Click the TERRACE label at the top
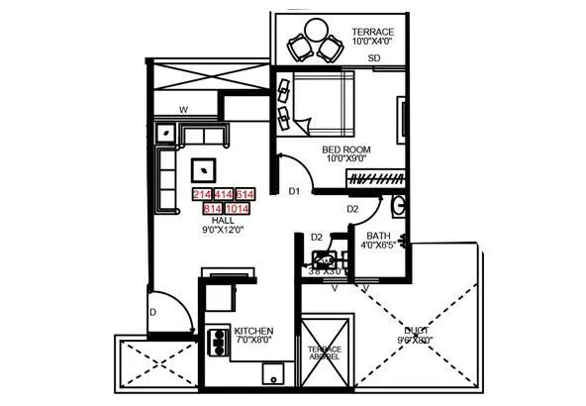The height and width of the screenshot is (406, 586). (372, 32)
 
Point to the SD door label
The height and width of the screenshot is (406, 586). (375, 59)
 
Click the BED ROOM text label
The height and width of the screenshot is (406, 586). (346, 149)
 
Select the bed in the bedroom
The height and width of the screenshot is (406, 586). (323, 105)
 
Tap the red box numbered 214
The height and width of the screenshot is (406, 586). (203, 194)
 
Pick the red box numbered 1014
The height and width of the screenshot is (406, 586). (238, 209)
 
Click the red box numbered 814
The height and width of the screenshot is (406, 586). (212, 209)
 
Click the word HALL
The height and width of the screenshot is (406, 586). (210, 220)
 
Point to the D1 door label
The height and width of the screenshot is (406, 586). (294, 190)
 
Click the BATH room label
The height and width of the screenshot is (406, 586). (377, 235)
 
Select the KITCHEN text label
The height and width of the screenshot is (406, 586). (253, 330)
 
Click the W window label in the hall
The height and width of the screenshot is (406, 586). (184, 109)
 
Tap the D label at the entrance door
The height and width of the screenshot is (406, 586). (152, 313)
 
